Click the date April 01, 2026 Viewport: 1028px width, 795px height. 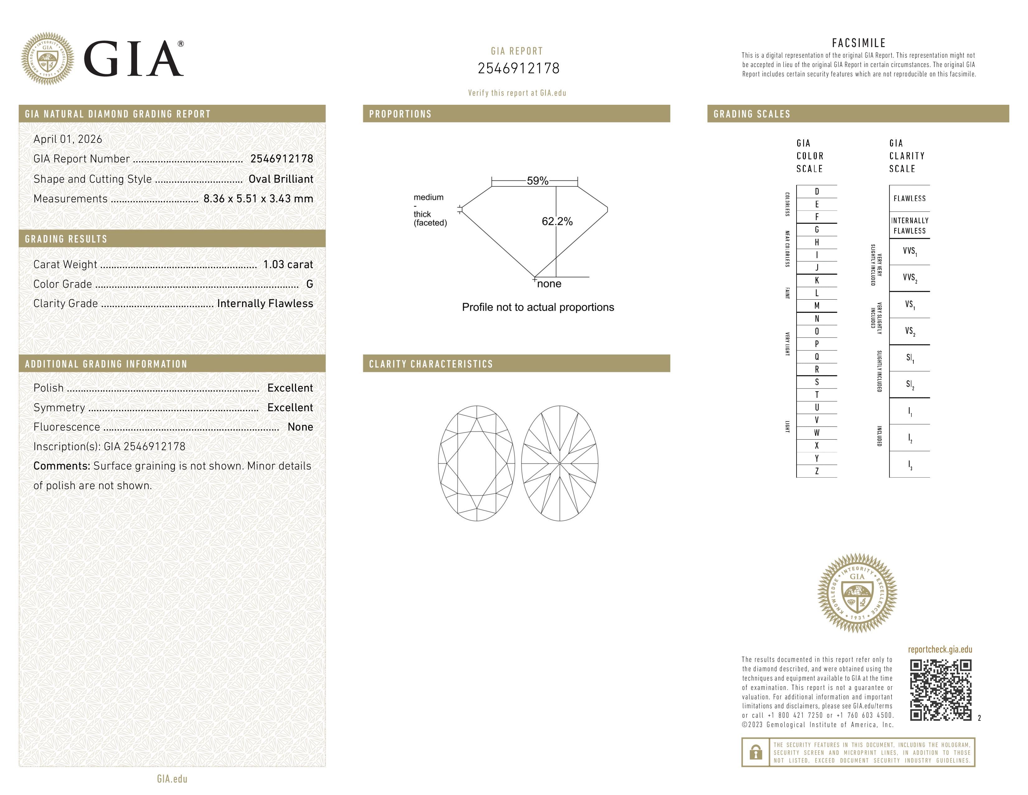(x=68, y=139)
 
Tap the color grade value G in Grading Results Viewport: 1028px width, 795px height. (x=309, y=284)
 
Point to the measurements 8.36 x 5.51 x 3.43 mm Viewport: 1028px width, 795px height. (x=258, y=199)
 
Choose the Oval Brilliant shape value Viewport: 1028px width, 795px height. (x=281, y=179)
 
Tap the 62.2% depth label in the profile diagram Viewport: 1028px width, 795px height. (x=557, y=221)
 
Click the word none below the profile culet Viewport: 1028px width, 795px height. (x=549, y=283)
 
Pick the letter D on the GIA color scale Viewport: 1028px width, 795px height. (x=817, y=191)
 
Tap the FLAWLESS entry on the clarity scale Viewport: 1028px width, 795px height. (x=909, y=198)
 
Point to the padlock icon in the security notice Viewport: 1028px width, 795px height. (x=755, y=752)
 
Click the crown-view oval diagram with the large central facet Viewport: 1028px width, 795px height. (x=476, y=463)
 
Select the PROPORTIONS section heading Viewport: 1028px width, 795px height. (x=400, y=114)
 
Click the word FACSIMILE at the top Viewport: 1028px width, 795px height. (x=859, y=43)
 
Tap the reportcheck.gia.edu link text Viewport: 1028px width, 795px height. (x=940, y=649)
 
